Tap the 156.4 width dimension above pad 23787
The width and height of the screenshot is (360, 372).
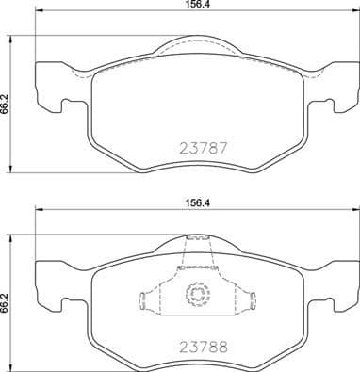tap(198, 7)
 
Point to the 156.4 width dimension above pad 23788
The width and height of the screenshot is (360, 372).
tap(198, 200)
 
